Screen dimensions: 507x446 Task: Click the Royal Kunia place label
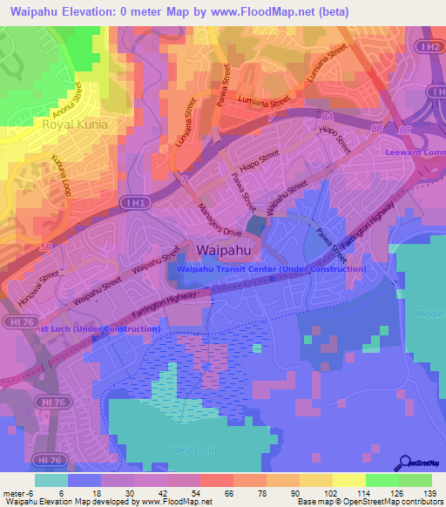tap(75, 125)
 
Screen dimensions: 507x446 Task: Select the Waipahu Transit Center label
tap(271, 269)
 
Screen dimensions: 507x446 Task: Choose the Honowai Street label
tap(36, 288)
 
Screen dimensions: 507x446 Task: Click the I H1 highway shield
tap(133, 201)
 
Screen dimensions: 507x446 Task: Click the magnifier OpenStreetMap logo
tap(406, 463)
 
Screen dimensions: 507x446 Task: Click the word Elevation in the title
tap(85, 12)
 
